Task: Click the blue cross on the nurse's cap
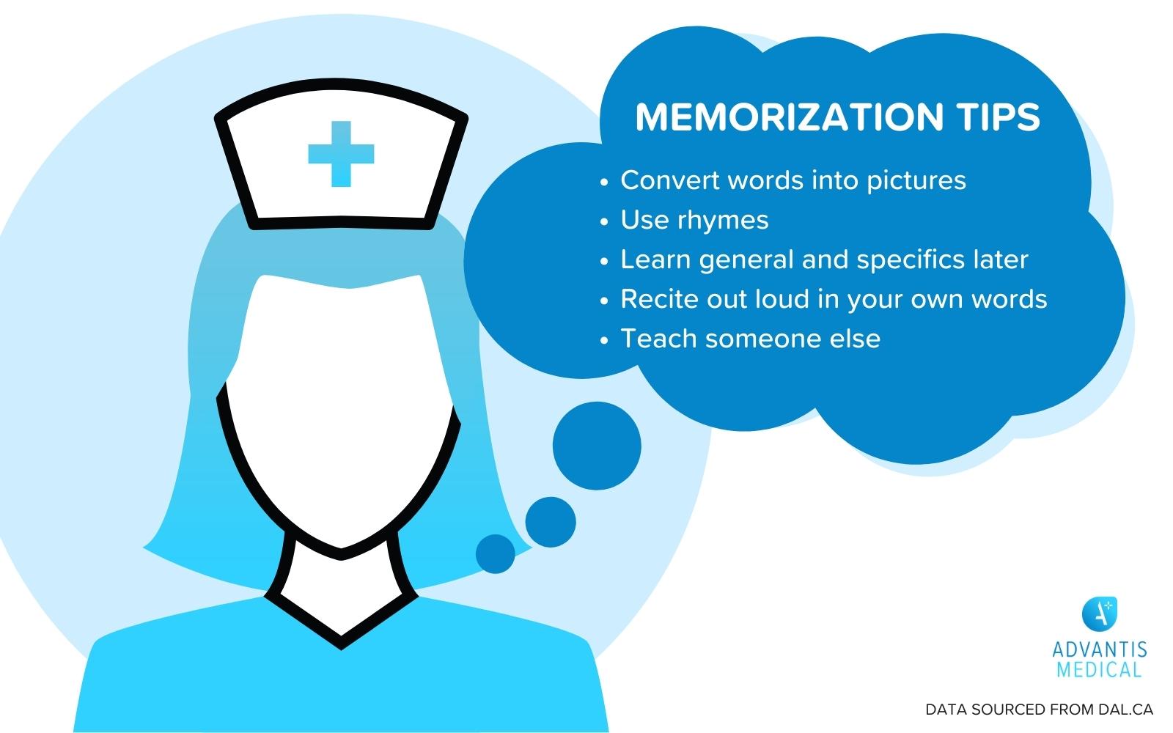click(341, 154)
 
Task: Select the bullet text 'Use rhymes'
click(694, 220)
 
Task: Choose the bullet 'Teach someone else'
click(750, 339)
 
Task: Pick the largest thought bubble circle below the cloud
click(597, 446)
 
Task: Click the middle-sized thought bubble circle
click(551, 522)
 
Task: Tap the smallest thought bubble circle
click(496, 553)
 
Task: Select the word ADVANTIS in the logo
click(1100, 650)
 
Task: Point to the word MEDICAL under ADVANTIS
click(1100, 668)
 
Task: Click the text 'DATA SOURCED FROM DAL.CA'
click(1040, 710)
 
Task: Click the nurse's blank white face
click(341, 410)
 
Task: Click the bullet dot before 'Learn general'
click(604, 261)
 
